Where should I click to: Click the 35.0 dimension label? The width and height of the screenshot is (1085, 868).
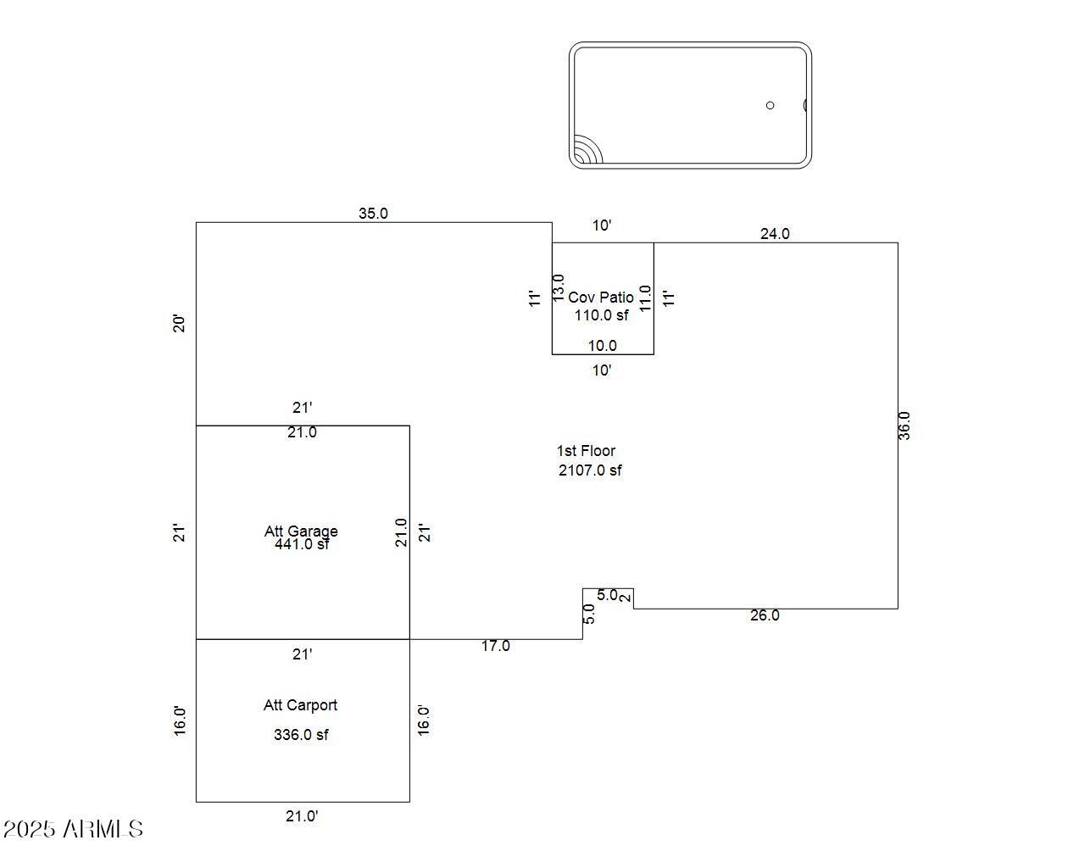[373, 214]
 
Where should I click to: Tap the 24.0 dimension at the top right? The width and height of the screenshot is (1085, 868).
[774, 234]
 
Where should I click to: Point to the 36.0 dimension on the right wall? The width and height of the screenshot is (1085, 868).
[904, 426]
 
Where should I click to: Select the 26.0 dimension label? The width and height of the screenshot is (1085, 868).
[764, 615]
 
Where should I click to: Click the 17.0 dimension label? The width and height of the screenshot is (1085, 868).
[496, 646]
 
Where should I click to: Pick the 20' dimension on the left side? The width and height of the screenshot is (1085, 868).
[180, 323]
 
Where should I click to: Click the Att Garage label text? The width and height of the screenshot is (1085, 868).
[301, 531]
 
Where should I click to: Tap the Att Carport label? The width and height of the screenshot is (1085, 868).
[300, 705]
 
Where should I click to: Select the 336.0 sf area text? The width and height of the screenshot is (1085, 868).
[301, 735]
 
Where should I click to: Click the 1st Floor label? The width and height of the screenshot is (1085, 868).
[586, 451]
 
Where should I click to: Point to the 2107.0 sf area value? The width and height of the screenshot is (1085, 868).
[590, 470]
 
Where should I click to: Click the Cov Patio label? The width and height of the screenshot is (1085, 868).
[601, 298]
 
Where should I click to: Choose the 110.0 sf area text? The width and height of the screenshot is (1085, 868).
[602, 315]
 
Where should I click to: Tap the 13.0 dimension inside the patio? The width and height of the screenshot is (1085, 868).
[559, 287]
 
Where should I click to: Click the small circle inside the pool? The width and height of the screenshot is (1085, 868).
[770, 105]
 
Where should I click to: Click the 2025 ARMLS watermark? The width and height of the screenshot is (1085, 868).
[73, 829]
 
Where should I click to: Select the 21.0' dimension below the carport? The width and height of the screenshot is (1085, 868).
[302, 816]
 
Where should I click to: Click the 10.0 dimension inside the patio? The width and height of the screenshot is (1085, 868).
[603, 346]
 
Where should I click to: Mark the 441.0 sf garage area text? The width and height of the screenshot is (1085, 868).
[302, 545]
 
